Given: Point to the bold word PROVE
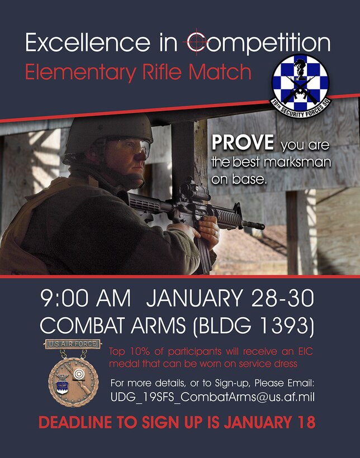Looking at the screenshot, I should tap(243, 144).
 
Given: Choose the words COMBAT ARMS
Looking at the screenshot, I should tap(108, 324).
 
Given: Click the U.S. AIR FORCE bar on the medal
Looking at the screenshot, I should tap(73, 344).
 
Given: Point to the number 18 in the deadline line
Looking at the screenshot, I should tap(305, 422).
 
